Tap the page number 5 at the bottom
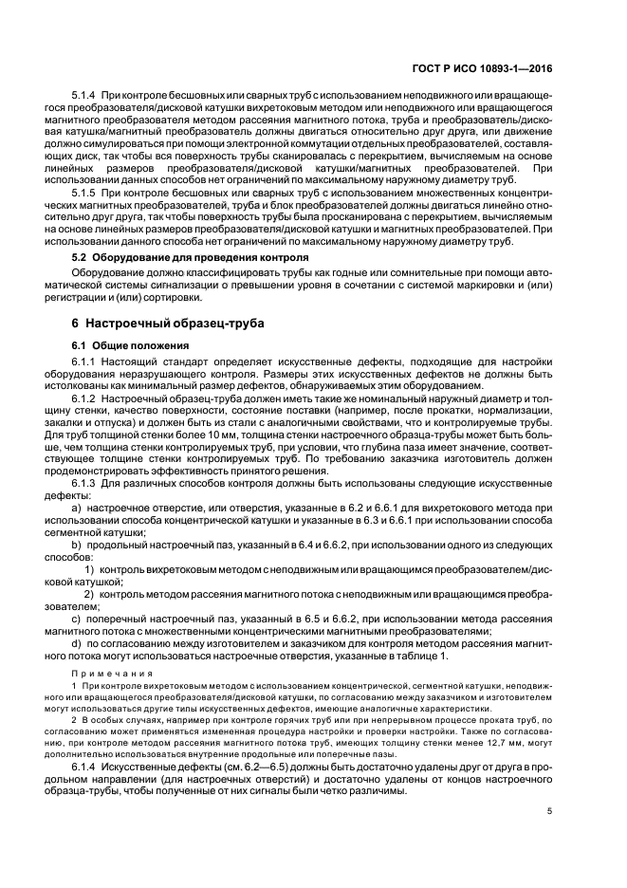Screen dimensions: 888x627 click(x=550, y=811)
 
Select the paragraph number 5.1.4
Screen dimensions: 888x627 click(x=85, y=96)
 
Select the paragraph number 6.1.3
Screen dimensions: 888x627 click(x=85, y=485)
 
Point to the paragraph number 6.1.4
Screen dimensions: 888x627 click(x=85, y=765)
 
